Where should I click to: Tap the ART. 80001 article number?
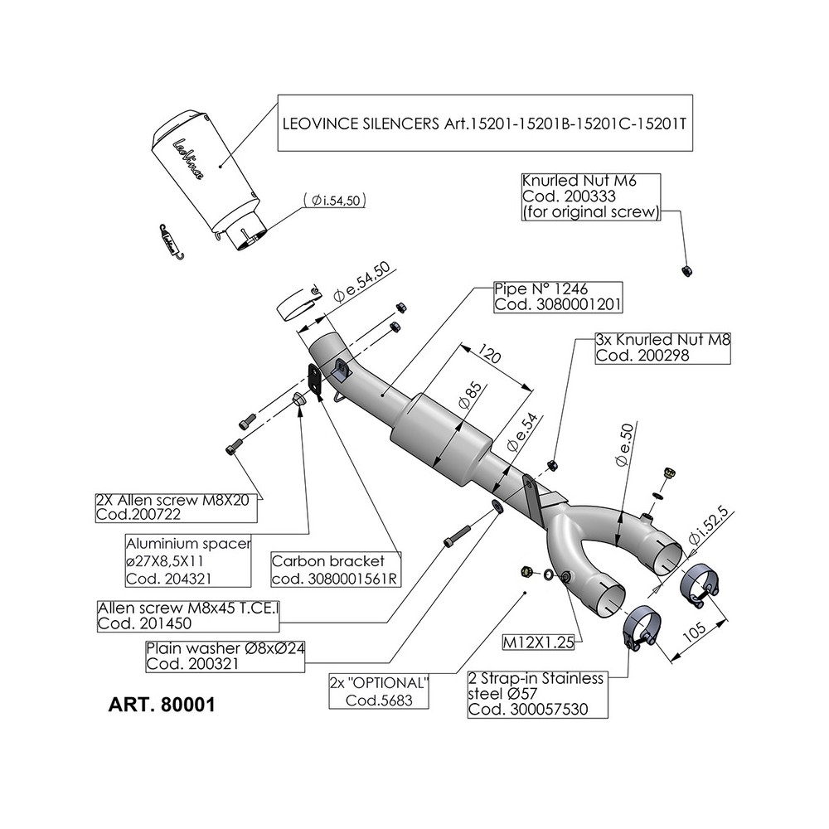[162, 706]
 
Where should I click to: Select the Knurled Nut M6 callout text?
[590, 196]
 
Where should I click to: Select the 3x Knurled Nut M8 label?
[662, 347]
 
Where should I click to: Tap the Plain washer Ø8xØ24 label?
[225, 656]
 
